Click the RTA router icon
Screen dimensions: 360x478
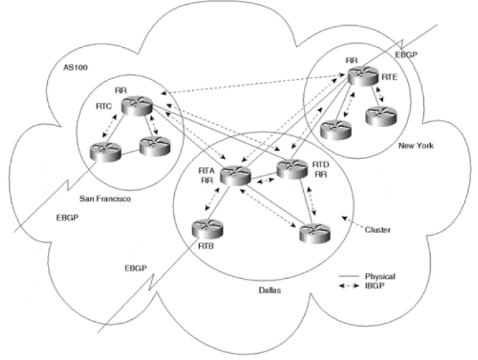(x=234, y=174)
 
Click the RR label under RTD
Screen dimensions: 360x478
(x=321, y=174)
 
